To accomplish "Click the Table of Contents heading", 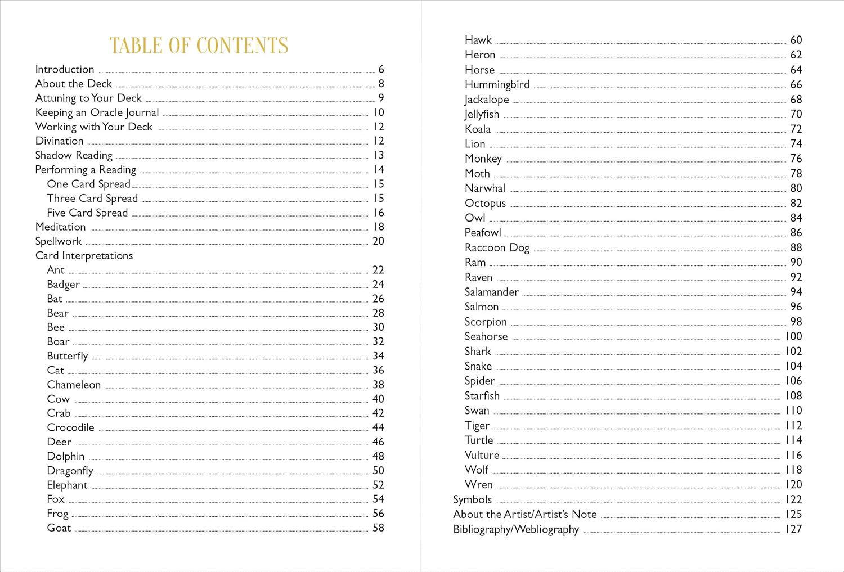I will coord(199,46).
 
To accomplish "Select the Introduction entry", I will coord(65,69).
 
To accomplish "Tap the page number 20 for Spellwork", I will coord(378,241).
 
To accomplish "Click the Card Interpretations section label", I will coord(84,255).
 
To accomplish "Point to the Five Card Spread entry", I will coord(87,213).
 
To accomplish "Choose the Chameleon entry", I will coord(74,385).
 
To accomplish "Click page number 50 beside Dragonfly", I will coord(378,470).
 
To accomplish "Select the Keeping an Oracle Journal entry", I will coord(97,112).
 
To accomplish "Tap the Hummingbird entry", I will coord(497,84).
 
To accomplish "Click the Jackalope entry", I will coord(487,100).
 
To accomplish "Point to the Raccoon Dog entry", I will coord(497,247).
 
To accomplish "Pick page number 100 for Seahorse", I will coord(793,336).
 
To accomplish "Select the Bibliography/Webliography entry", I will coord(516,529).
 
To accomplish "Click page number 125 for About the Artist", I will coord(793,514).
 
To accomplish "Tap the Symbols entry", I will coord(472,499).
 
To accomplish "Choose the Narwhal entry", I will coord(485,188).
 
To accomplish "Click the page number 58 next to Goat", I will coord(378,528).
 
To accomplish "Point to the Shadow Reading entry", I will coord(74,155).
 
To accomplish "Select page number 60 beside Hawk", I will coord(796,40).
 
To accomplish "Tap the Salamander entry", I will coord(492,292).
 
